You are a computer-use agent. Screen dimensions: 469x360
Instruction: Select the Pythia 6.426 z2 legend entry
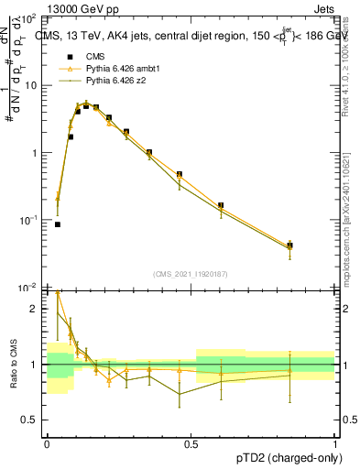112,81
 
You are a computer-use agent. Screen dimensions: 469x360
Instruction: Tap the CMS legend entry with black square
94,57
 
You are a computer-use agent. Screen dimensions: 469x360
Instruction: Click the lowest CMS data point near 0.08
58,224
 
